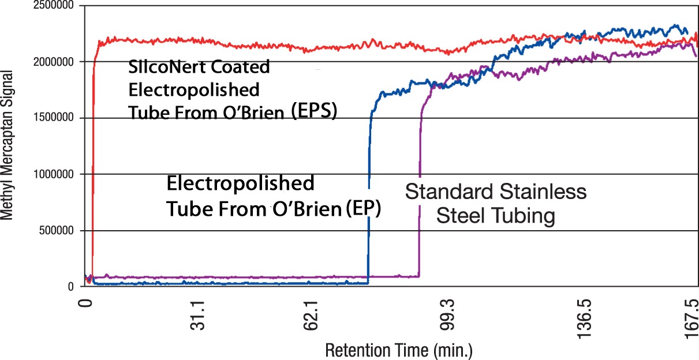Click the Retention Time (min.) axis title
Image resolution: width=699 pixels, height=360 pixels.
399,350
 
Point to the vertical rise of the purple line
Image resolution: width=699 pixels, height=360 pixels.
420,190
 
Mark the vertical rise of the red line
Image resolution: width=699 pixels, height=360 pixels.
93,173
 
